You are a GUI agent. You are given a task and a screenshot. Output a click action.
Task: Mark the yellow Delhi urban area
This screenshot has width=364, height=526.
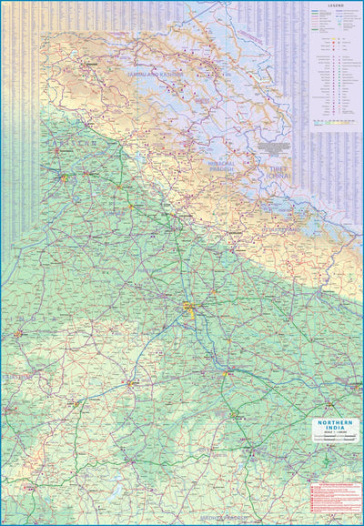point(189,307)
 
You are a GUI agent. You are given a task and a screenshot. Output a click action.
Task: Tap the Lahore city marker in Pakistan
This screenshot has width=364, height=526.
point(63,175)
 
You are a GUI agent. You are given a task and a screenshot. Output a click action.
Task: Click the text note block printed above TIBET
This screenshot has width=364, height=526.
point(281,146)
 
